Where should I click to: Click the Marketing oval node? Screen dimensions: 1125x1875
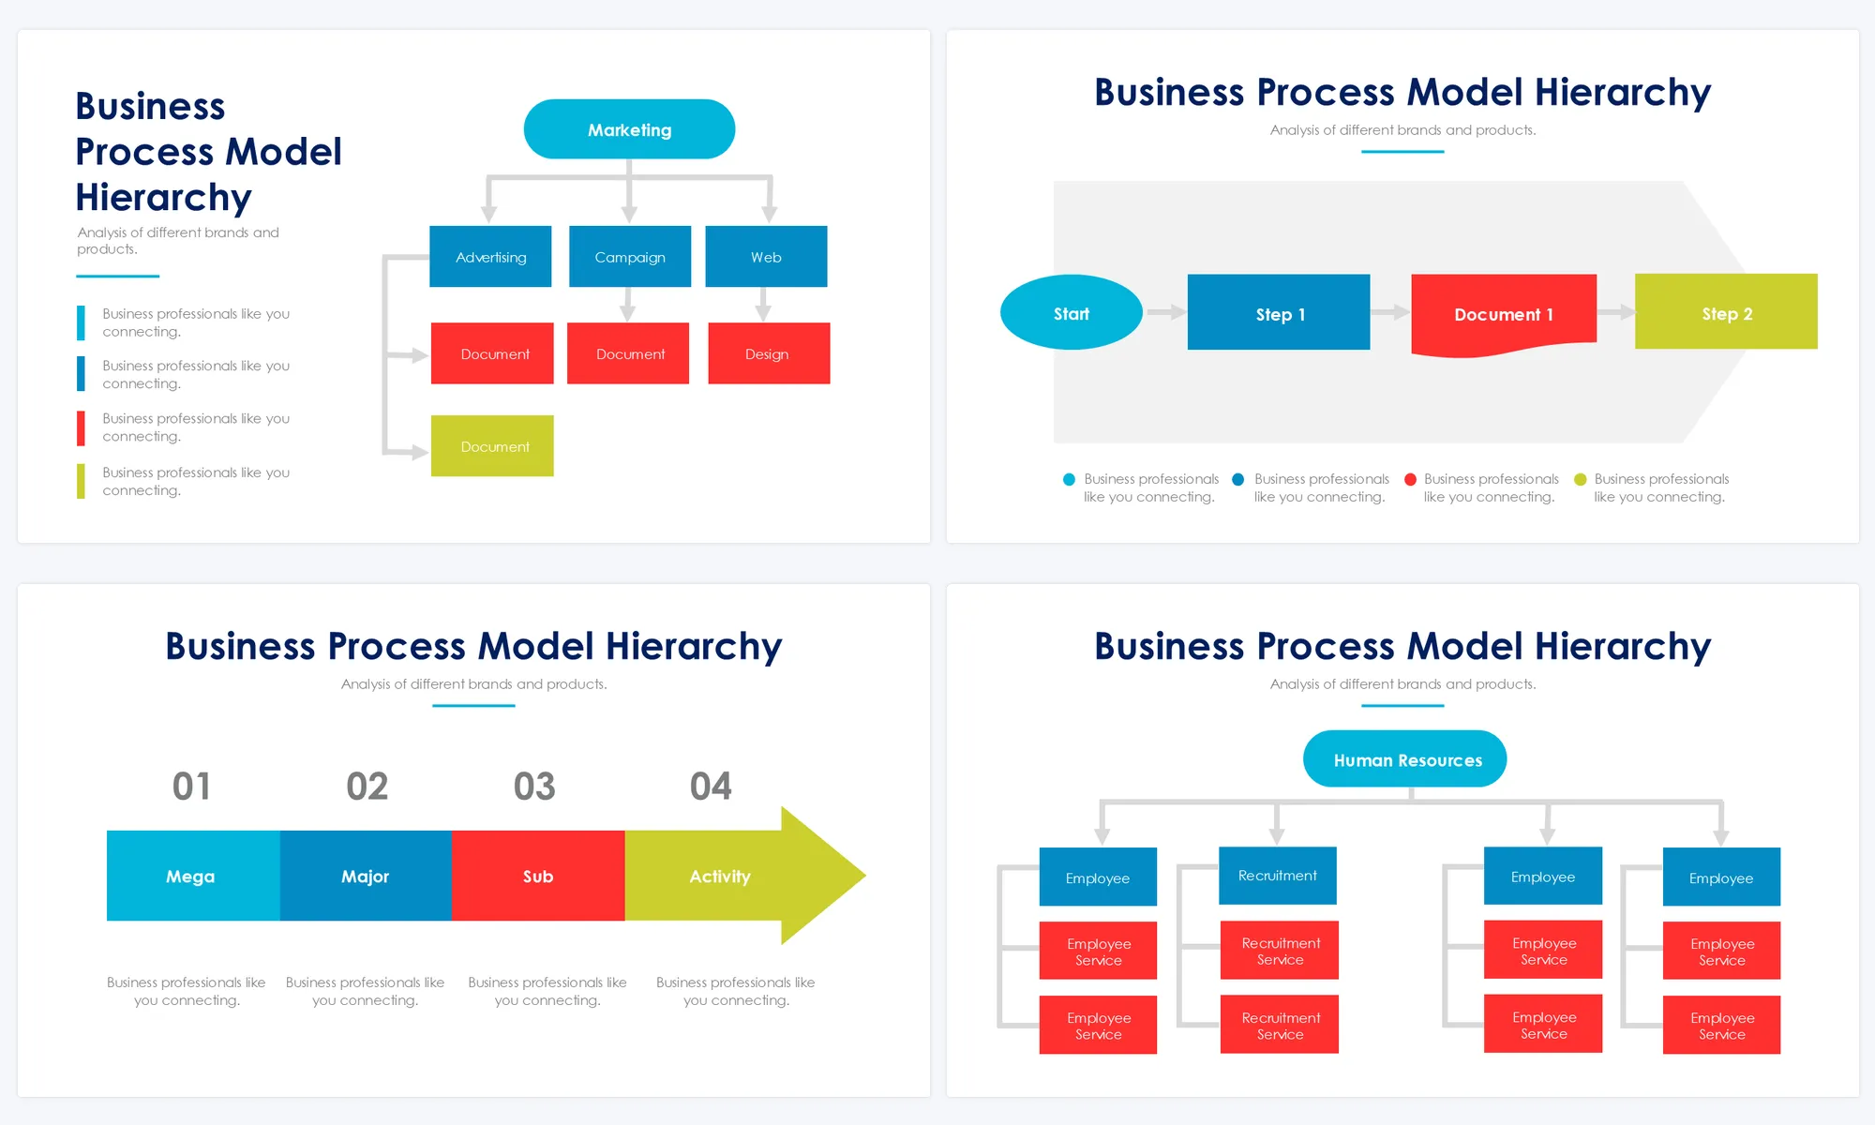coord(629,129)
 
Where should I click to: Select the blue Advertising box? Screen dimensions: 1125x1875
coord(490,256)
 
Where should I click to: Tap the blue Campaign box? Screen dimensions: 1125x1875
coord(630,256)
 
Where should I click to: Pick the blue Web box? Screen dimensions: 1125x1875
coord(766,256)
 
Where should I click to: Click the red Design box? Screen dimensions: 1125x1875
coord(769,353)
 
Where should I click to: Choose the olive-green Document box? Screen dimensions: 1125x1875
coord(492,446)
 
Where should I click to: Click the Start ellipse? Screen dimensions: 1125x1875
coord(1071,313)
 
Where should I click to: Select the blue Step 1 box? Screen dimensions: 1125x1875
coord(1279,313)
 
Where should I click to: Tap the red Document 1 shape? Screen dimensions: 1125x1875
coord(1503,313)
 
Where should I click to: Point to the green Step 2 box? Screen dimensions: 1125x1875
coord(1726,312)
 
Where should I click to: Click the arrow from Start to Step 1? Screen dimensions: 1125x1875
coord(1165,312)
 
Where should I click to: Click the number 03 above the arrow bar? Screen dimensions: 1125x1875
coord(534,787)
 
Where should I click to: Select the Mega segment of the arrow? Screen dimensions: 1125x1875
coord(192,876)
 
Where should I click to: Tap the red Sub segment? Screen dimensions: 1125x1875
coord(538,876)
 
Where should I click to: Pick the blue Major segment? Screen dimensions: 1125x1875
coord(366,876)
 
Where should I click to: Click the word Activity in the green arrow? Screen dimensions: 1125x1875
coord(720,877)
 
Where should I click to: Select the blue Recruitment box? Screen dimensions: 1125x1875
coord(1278,876)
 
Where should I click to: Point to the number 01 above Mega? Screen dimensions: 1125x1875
coord(191,787)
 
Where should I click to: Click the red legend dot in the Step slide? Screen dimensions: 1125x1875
coord(1410,480)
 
